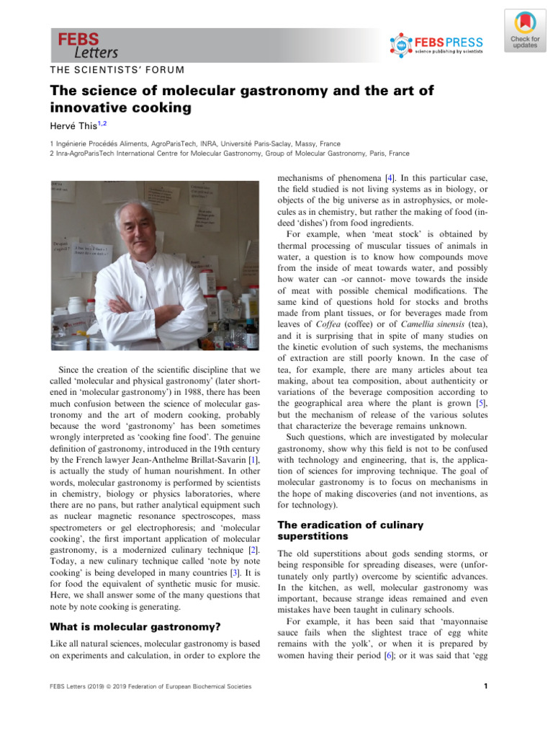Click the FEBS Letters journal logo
[88, 45]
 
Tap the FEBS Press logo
[436, 45]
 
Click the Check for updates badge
[524, 31]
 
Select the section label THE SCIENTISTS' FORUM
[117, 70]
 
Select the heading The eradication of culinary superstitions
[350, 530]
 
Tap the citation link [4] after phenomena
[389, 177]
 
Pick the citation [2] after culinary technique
[254, 550]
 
